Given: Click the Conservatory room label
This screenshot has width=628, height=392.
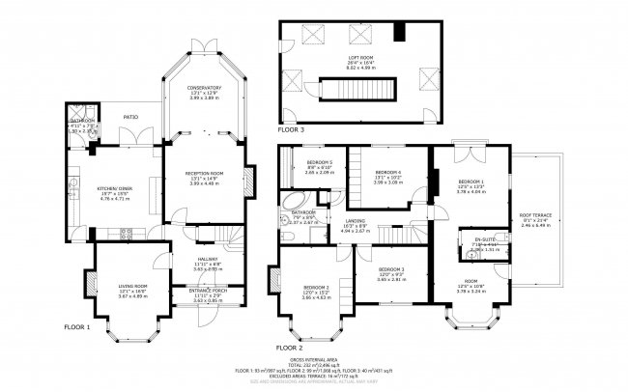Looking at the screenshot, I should [204, 89].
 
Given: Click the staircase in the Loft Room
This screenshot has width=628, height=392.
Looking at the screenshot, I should [366, 91].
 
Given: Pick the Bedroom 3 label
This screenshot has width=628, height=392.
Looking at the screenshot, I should [317, 288].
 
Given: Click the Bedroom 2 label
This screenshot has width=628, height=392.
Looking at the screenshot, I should [390, 268].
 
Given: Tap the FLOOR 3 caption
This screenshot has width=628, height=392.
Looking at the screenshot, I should [290, 128].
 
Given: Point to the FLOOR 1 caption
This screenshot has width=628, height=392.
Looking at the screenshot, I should [75, 327].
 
